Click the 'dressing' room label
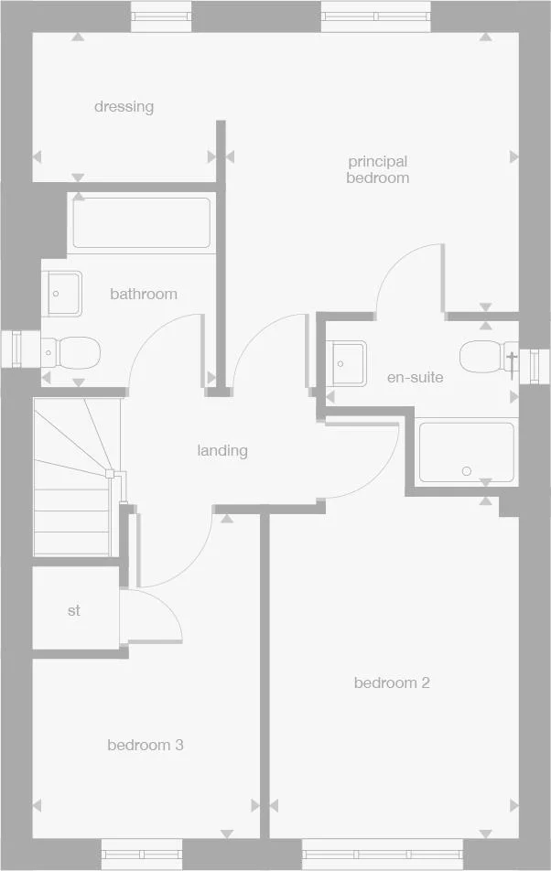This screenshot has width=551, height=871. tap(124, 107)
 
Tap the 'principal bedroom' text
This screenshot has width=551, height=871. tap(377, 170)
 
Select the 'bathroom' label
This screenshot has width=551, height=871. tap(144, 294)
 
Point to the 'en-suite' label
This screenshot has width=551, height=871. tap(415, 377)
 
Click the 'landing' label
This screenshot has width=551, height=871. tap(222, 450)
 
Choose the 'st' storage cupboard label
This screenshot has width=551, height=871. tap(74, 610)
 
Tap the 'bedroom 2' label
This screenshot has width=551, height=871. tap(392, 683)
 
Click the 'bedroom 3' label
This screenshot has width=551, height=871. tap(145, 745)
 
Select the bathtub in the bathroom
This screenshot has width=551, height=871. tap(141, 223)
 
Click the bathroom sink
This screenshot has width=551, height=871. tap(61, 294)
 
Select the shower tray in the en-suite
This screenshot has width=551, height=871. tap(466, 452)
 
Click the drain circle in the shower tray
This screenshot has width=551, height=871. tap(467, 471)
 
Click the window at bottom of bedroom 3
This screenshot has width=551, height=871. tap(142, 853)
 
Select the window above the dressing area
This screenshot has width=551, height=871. tap(162, 16)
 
